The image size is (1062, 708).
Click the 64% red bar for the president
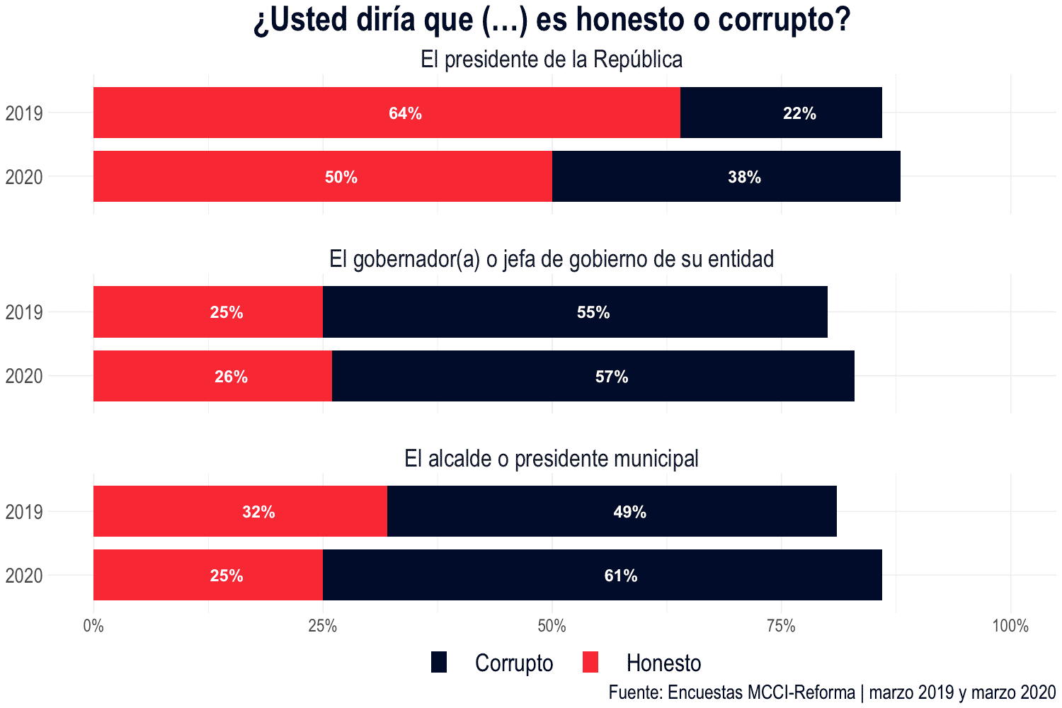[x=387, y=113]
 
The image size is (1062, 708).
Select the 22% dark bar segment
[x=781, y=113]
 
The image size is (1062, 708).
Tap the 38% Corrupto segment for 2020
[x=726, y=176]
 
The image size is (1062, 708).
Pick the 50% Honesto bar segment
[x=323, y=176]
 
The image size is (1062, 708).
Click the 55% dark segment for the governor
[x=575, y=312]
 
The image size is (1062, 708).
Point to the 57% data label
[x=612, y=377]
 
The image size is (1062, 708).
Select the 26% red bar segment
[x=212, y=376]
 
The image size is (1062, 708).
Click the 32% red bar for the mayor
[x=240, y=511]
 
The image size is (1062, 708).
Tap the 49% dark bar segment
[x=612, y=511]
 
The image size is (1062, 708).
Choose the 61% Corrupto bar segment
[x=602, y=575]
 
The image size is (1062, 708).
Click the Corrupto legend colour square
[x=439, y=663]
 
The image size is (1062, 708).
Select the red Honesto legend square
[x=590, y=663]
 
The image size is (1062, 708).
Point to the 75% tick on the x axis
[x=781, y=626]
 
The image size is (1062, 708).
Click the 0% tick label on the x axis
[x=93, y=626]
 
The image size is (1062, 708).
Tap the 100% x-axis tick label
[x=1010, y=626]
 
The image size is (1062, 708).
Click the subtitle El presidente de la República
[x=552, y=59]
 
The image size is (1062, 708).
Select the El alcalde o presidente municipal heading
[x=552, y=459]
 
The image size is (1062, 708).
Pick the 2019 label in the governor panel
[x=24, y=312]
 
